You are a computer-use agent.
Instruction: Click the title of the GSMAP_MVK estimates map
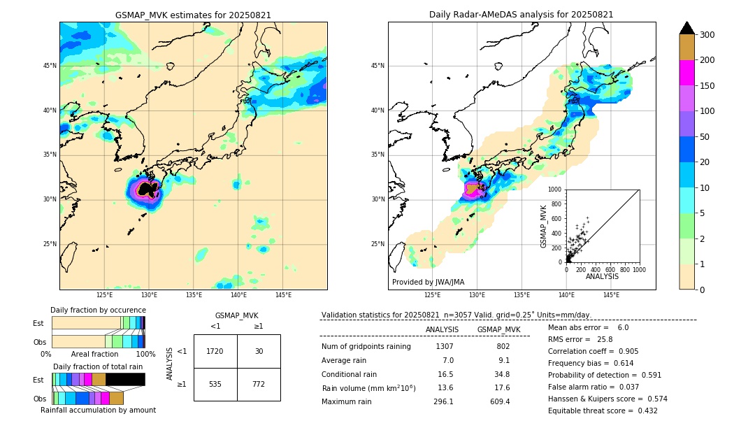click(x=193, y=15)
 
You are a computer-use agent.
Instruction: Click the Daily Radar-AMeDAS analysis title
click(x=521, y=15)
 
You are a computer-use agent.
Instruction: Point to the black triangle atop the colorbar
click(x=687, y=28)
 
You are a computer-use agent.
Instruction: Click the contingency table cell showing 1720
click(x=215, y=351)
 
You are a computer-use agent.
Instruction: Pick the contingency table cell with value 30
click(x=259, y=351)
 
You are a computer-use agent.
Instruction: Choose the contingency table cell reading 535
click(x=215, y=384)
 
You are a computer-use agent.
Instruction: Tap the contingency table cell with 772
click(x=259, y=384)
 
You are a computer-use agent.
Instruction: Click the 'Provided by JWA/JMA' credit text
click(x=428, y=282)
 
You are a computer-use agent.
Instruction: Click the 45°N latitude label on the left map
click(x=50, y=66)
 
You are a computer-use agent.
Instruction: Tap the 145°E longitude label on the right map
click(x=611, y=295)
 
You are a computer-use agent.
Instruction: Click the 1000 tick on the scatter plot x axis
click(x=638, y=269)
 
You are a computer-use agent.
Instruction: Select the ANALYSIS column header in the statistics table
click(x=442, y=329)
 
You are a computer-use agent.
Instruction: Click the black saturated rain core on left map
click(x=147, y=189)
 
